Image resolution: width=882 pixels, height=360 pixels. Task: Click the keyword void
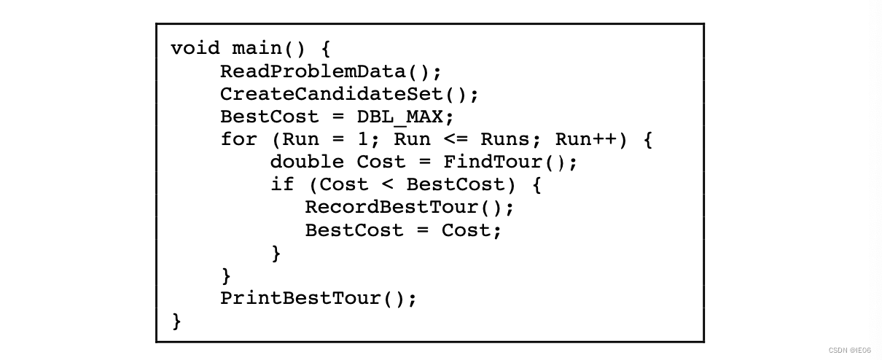(x=195, y=49)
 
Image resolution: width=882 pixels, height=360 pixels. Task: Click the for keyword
(x=238, y=139)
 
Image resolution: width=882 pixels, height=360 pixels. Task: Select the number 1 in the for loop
(x=362, y=139)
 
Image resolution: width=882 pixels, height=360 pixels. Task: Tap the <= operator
(x=455, y=139)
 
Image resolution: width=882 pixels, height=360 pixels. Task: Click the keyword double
(x=307, y=162)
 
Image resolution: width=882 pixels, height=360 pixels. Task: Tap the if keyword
(x=282, y=184)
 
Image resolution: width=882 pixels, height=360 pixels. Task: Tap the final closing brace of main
(x=176, y=321)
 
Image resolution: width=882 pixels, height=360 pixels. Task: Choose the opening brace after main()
(x=325, y=49)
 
